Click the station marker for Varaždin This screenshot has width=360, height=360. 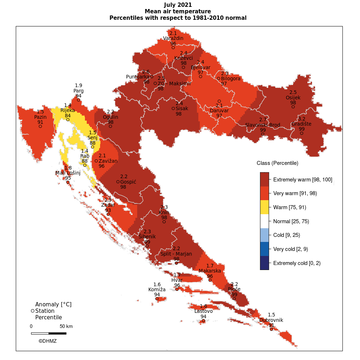[173, 48]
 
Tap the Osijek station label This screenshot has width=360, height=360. [293, 98]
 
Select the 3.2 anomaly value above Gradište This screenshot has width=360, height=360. [302, 119]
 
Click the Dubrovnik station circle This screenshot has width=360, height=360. [271, 329]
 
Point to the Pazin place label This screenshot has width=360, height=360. [40, 117]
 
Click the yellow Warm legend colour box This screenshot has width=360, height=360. [265, 207]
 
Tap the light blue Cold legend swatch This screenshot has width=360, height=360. [265, 235]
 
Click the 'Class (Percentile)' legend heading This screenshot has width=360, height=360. [277, 163]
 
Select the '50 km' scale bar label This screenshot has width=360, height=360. [66, 327]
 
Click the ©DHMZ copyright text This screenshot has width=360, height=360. [48, 341]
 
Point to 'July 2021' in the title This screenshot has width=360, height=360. [178, 5]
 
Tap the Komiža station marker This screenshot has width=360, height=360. [157, 299]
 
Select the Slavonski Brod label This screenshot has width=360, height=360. [263, 125]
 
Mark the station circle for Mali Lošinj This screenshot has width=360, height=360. [68, 182]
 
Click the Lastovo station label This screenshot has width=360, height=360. [203, 311]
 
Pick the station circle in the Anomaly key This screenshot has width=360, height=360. [33, 311]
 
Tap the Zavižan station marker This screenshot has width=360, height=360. [96, 161]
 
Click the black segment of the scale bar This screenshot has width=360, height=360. [57, 333]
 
